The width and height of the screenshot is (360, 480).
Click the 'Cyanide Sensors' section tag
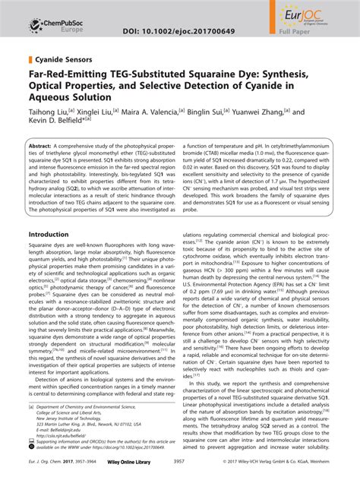pos(64,58)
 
